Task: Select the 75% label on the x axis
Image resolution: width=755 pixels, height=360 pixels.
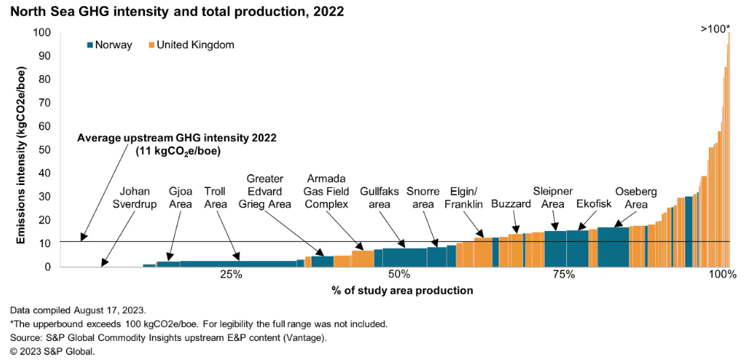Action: coord(564,275)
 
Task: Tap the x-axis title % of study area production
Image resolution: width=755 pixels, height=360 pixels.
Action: coord(391,291)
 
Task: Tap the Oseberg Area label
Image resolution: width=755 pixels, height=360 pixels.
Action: coord(636,198)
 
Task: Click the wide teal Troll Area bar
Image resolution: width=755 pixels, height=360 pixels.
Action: coord(238,263)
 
